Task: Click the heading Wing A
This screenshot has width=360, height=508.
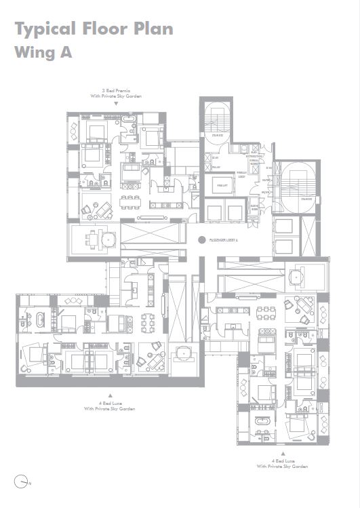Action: [42, 52]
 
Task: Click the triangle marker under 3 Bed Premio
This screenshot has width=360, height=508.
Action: [115, 104]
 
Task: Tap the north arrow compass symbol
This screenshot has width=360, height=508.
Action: [25, 482]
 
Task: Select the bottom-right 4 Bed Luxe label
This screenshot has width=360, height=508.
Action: [283, 461]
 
